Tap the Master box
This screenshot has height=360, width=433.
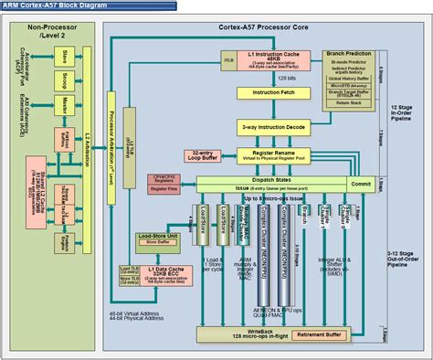(66, 106)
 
